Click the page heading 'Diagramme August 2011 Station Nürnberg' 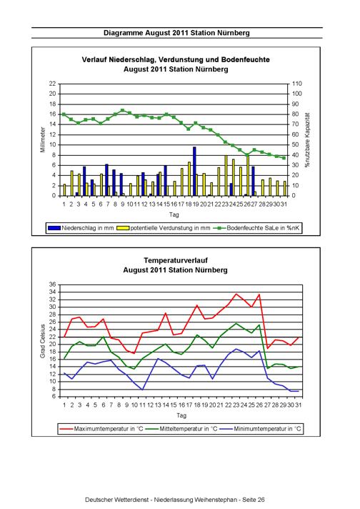(x=176, y=33)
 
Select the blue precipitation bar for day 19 (x=194, y=172)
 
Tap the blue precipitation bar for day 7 (x=106, y=180)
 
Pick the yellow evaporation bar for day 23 (x=226, y=176)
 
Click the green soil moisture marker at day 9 (x=123, y=110)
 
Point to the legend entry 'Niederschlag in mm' (x=81, y=228)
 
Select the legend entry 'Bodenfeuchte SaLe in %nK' (x=256, y=228)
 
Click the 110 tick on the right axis (x=296, y=84)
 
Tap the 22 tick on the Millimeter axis (x=53, y=84)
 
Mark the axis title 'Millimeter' (x=43, y=140)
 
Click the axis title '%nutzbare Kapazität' (x=307, y=140)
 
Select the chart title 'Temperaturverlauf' (x=176, y=260)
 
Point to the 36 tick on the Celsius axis (x=53, y=285)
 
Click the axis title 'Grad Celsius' (x=43, y=341)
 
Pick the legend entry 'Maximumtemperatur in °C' (x=101, y=429)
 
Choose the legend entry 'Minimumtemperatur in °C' (x=260, y=429)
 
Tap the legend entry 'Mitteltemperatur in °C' (x=181, y=429)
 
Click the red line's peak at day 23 (x=236, y=294)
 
